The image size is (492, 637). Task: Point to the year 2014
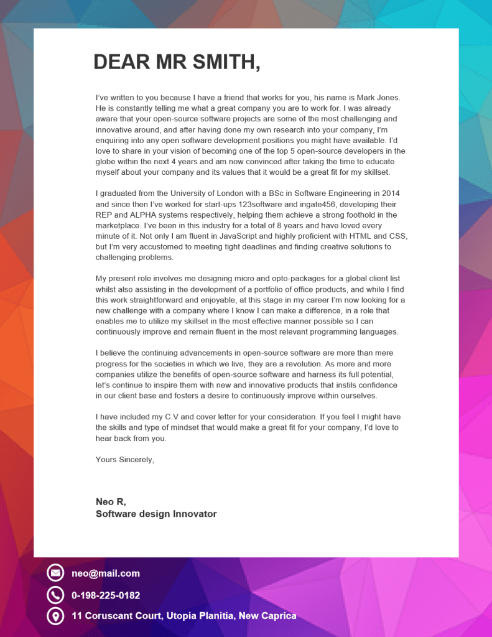(390, 193)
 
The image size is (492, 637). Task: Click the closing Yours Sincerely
(124, 460)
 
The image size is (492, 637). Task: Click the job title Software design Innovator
(156, 514)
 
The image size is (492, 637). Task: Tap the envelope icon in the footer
(55, 574)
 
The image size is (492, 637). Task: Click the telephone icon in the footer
(55, 595)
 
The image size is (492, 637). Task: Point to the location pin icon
(55, 616)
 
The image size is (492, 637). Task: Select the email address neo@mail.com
(106, 574)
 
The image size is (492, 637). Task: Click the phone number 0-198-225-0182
(106, 595)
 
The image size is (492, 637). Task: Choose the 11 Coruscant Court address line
(184, 616)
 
